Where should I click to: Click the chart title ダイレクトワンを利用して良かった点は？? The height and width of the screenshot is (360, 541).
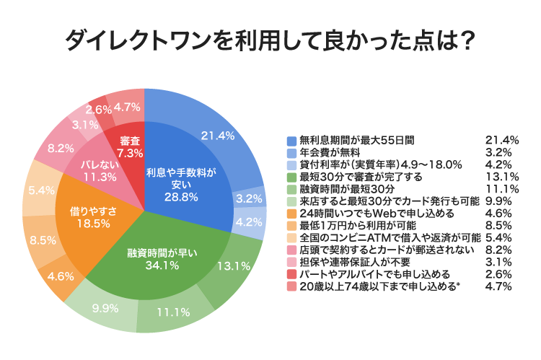270,40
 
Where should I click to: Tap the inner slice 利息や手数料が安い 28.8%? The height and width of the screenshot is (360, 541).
176,180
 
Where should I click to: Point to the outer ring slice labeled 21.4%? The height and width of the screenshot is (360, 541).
219,136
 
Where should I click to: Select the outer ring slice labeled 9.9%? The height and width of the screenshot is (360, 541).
105,309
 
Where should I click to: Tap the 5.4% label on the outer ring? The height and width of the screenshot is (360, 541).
40,190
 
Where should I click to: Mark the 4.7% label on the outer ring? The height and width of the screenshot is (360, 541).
127,107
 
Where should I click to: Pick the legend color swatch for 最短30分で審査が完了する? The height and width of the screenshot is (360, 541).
291,176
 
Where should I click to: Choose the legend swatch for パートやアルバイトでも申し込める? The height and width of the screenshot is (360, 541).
291,274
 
